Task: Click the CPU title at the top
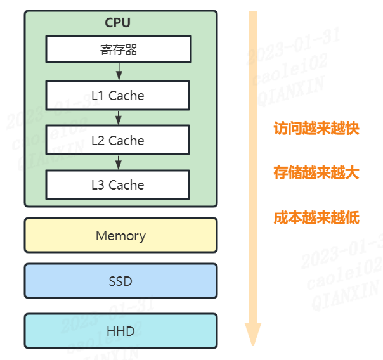[x=117, y=23]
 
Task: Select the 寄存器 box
[x=118, y=49]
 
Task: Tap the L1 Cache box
[x=118, y=96]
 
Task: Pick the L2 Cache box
[x=118, y=140]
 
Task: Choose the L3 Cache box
[x=118, y=185]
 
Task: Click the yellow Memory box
[x=120, y=236]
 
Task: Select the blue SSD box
[x=120, y=281]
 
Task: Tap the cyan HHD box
[x=120, y=331]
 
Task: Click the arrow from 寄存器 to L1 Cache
[x=119, y=72]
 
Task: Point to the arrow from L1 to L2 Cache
[x=119, y=117]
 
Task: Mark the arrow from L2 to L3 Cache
[x=119, y=162]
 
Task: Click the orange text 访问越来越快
[x=316, y=129]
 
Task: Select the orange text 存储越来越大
[x=316, y=173]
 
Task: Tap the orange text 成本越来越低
[x=316, y=218]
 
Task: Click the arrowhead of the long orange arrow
[x=253, y=334]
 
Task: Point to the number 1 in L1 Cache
[x=100, y=96]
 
